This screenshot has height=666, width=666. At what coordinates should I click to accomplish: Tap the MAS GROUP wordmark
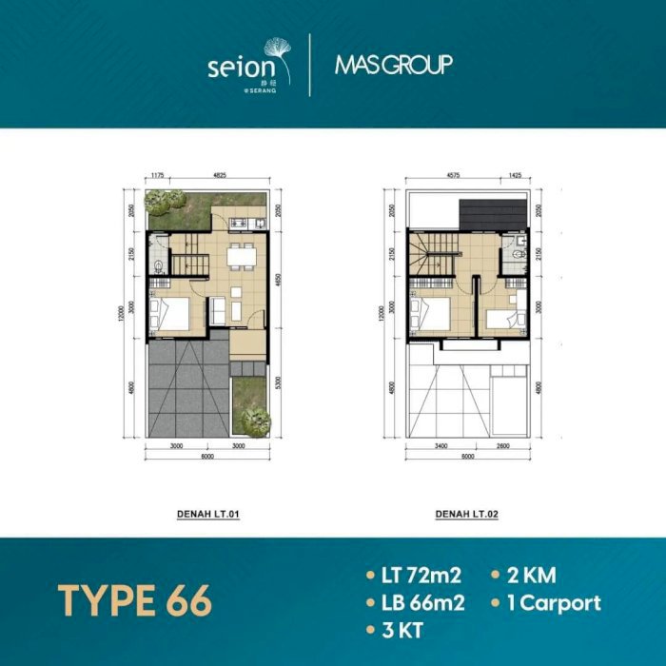[393, 65]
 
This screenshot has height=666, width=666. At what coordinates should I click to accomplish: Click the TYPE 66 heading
[134, 601]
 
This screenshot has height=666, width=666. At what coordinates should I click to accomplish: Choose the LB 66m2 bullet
[413, 603]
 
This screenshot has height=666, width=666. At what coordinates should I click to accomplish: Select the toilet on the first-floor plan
[157, 265]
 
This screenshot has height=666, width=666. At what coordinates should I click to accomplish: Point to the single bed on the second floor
[500, 319]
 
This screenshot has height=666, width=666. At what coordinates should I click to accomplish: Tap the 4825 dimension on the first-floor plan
[219, 175]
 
